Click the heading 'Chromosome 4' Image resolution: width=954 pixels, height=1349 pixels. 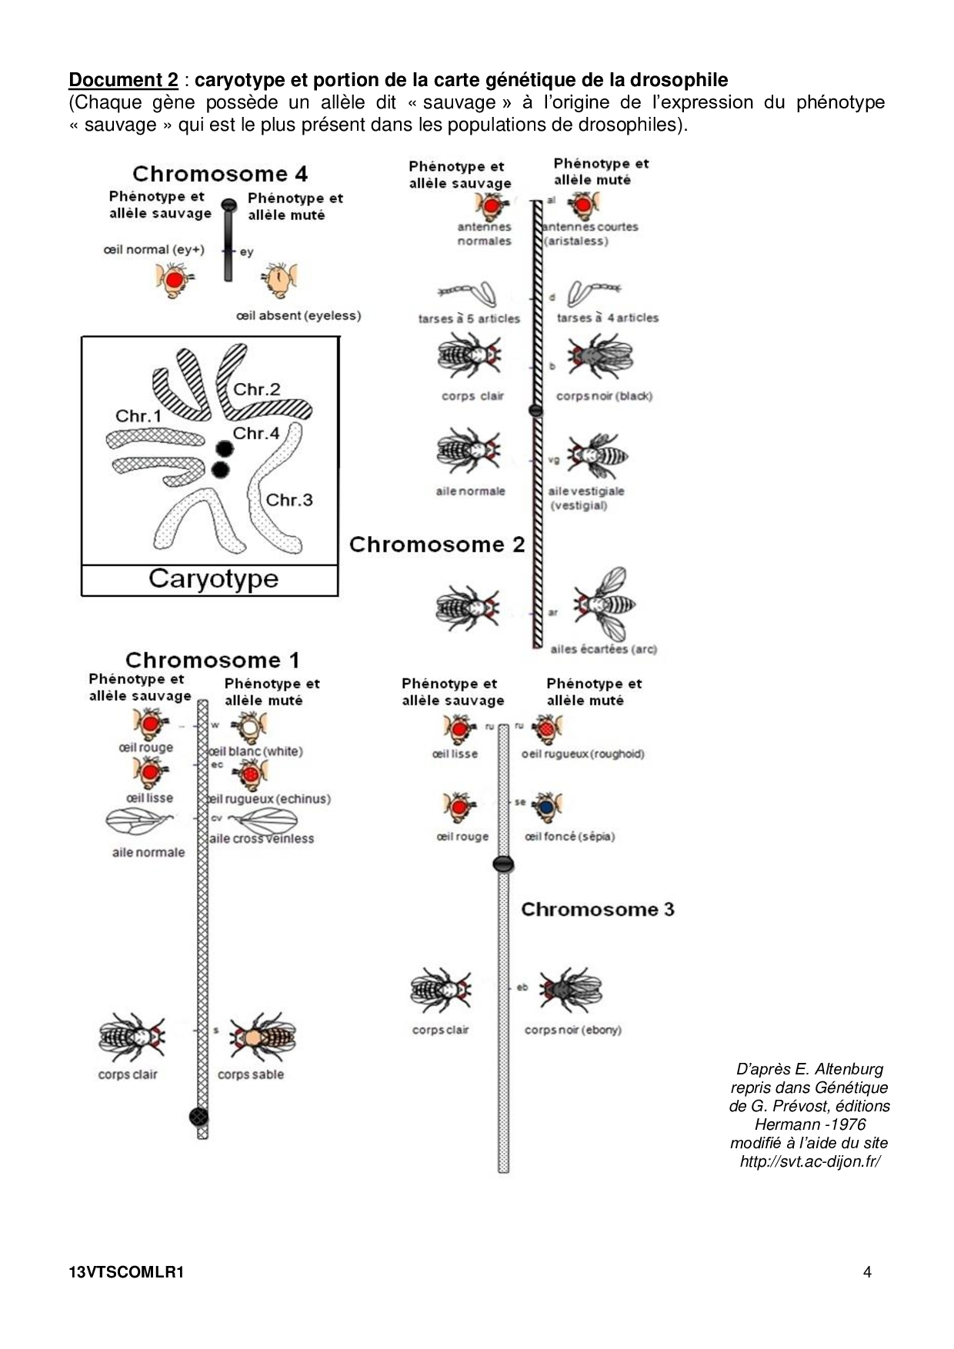pos(219,174)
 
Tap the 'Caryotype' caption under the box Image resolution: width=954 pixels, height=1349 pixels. pos(213,578)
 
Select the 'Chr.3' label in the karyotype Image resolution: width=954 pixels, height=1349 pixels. pos(289,500)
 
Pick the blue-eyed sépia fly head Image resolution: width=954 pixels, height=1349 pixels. pos(546,807)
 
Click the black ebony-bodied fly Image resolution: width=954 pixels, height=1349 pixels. pos(570,990)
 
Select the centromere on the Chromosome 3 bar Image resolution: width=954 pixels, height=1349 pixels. pos(503,864)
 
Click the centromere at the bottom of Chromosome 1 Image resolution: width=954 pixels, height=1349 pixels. pos(199,1116)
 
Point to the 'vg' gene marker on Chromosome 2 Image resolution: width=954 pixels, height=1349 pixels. pos(553,461)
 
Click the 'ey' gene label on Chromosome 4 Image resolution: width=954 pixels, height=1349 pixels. pos(246,252)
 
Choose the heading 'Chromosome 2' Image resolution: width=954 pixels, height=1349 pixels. pos(436,545)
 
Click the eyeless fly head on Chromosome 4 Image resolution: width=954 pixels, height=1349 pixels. pos(279,281)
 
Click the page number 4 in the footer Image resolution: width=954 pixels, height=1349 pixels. pos(867,1272)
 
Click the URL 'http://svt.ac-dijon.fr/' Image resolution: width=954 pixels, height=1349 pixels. pos(809,1161)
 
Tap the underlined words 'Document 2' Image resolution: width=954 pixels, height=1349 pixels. pos(123,80)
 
